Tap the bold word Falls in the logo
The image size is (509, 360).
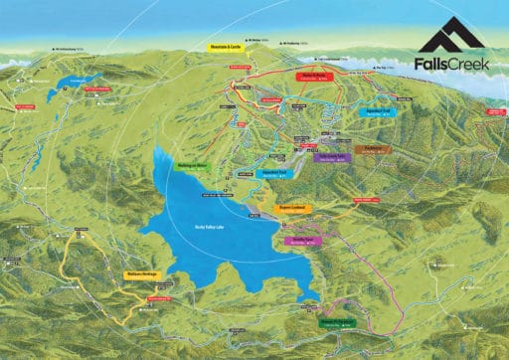pyautogui.click(x=430, y=66)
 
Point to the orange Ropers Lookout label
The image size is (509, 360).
pyautogui.click(x=295, y=208)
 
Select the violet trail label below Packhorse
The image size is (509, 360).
pyautogui.click(x=329, y=157)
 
